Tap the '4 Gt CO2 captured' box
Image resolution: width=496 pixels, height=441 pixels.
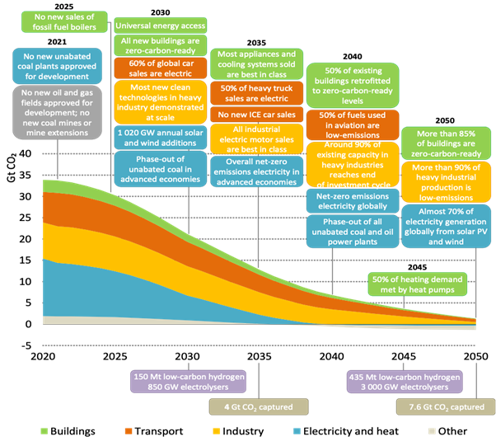click(x=257, y=406)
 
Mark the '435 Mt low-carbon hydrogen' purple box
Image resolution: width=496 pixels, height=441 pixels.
click(x=405, y=382)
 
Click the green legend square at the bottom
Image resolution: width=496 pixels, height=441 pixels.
click(x=44, y=430)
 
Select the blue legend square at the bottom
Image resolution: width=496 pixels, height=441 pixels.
click(x=297, y=430)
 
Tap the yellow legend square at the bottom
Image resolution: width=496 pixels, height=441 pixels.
click(x=216, y=430)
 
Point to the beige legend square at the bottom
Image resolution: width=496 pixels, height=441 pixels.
click(x=431, y=430)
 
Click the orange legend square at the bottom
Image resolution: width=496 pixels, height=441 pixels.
click(x=129, y=430)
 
